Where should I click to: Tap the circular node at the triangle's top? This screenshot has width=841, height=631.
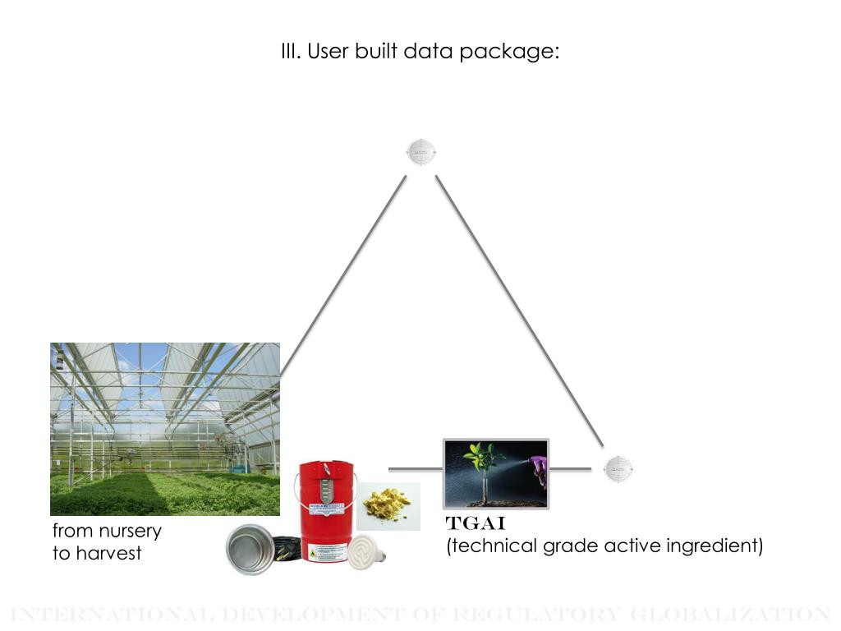421,153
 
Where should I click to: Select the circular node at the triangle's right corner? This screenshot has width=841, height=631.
618,469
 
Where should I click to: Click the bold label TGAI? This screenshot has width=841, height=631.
476,524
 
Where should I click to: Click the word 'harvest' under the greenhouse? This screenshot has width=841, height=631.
109,553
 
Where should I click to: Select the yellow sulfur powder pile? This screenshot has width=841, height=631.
388,505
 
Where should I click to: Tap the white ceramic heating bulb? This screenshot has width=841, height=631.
365,553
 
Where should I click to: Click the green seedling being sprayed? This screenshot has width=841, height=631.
482,460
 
